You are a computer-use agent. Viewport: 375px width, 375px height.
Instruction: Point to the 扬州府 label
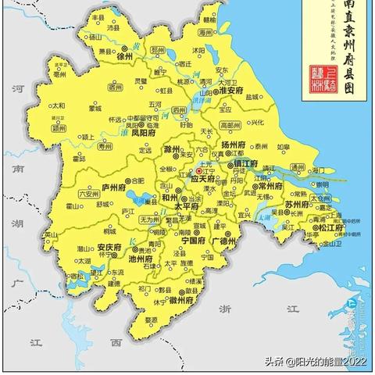[x=232, y=145]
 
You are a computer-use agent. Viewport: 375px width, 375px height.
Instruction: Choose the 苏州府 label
[x=299, y=204]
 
